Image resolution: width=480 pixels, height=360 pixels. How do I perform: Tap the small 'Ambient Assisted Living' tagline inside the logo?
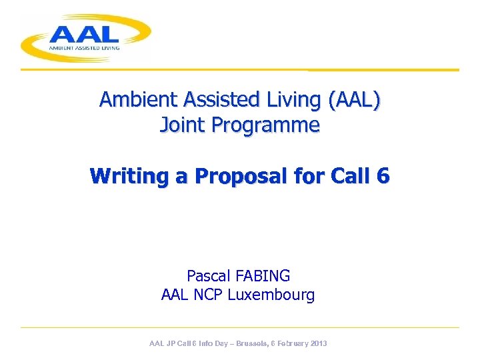83,47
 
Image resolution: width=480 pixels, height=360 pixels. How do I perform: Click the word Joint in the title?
179,125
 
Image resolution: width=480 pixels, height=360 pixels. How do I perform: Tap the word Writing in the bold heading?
125,177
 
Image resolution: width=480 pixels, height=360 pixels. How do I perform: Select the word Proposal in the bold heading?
244,177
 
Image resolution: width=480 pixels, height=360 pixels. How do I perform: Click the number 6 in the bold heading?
382,176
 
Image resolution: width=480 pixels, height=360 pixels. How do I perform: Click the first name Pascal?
207,276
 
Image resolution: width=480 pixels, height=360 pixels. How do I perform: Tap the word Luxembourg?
271,295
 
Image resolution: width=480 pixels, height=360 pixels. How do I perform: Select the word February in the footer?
288,343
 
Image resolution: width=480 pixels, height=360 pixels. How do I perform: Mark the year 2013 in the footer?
318,343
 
